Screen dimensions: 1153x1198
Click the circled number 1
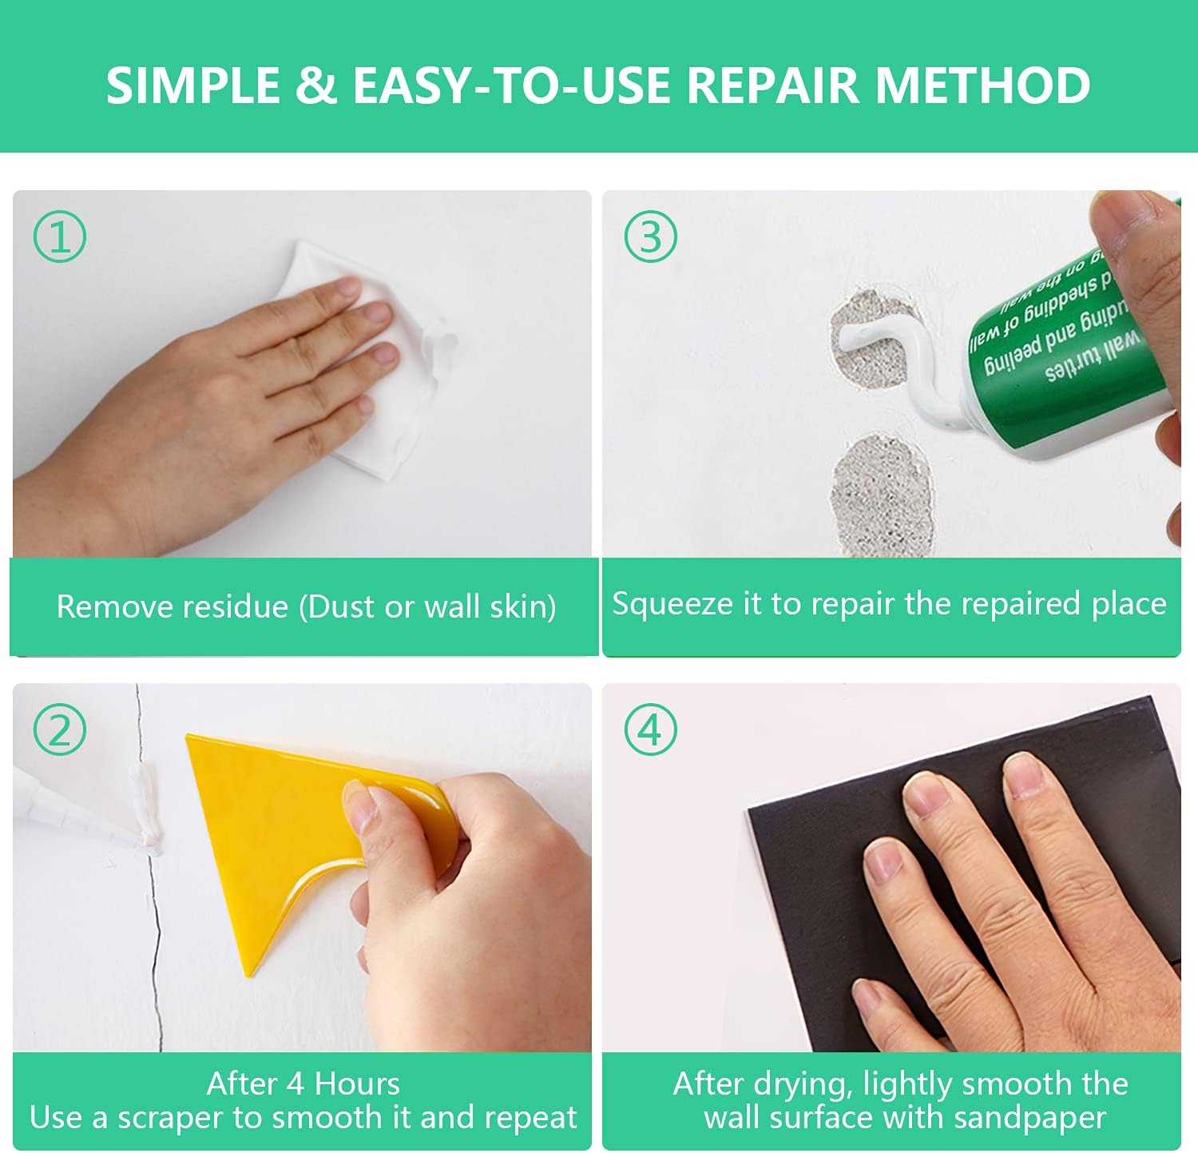point(60,237)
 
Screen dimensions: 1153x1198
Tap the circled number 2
point(60,730)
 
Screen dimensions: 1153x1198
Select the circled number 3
point(650,237)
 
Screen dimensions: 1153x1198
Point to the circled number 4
point(650,730)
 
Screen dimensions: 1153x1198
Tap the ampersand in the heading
point(316,85)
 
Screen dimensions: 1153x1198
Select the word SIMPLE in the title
point(192,85)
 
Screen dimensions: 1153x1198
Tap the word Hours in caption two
point(357,1084)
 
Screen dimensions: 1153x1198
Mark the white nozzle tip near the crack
point(148,839)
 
